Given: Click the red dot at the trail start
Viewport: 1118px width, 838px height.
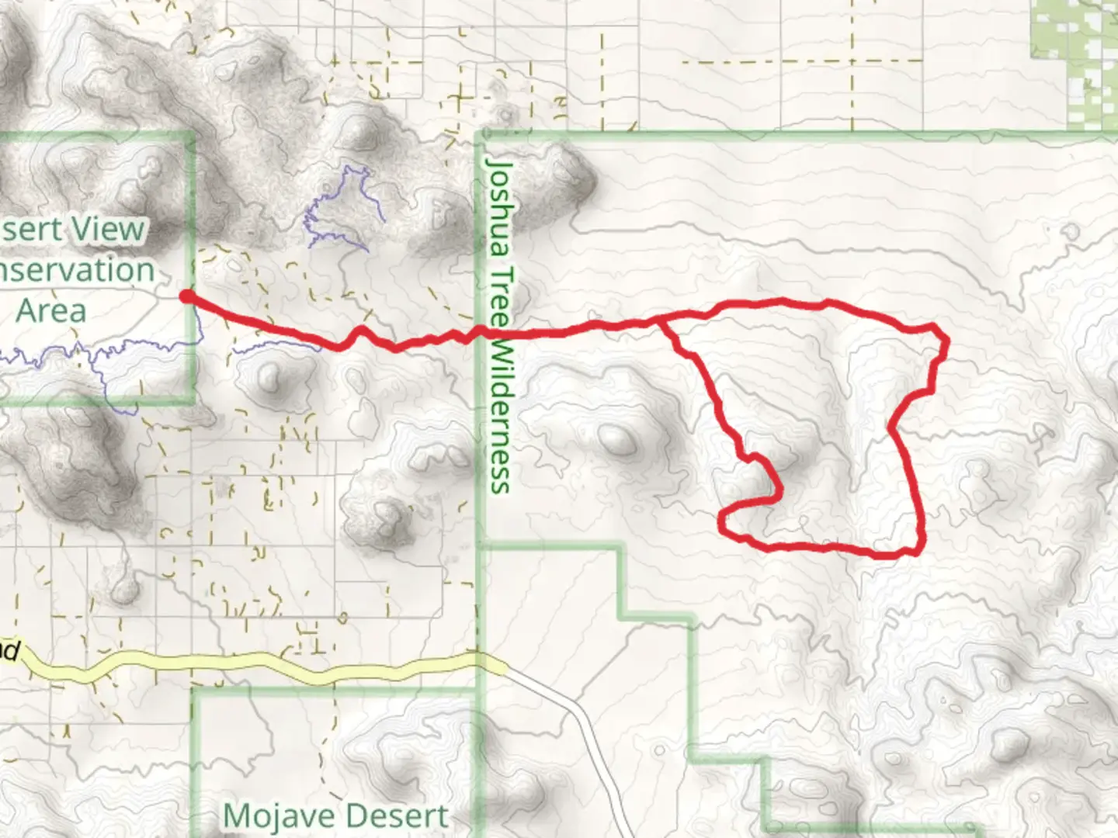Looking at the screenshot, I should pos(186,296).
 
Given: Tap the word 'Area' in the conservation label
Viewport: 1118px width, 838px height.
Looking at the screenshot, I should pos(51,311).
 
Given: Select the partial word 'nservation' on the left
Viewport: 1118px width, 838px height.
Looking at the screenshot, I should pos(78,271).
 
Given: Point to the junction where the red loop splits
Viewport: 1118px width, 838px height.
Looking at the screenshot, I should pos(661,319).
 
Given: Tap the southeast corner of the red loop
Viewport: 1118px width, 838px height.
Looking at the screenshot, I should pos(921,551).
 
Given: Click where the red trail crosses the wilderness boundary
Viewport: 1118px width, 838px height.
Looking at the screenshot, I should pos(481,333).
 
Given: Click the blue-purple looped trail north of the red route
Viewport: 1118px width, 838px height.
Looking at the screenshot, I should pos(342,209).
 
